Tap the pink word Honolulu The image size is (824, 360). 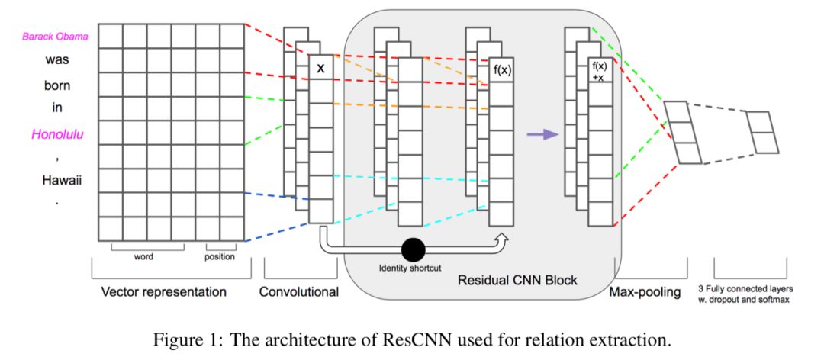56,135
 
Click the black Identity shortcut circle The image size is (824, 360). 413,249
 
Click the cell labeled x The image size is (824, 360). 320,68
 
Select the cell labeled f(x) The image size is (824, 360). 501,72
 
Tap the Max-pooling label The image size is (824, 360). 645,292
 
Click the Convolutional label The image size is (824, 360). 298,292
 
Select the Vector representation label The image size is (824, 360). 164,292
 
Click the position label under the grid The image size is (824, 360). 219,257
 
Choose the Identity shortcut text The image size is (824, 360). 410,268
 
